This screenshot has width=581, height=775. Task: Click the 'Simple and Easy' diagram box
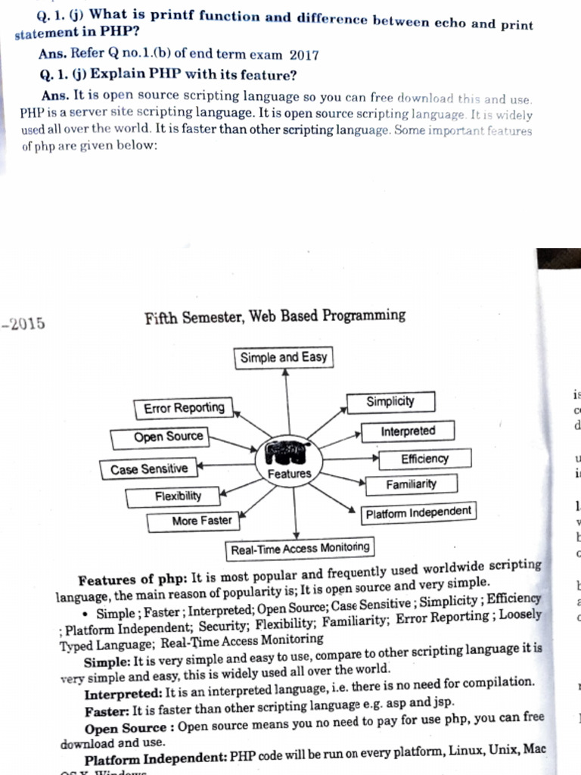coord(284,357)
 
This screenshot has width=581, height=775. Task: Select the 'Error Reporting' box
coord(184,409)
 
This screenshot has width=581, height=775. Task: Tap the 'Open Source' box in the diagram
coord(159,437)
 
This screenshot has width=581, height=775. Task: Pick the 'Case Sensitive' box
coord(148,469)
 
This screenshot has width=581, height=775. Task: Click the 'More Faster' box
coord(191,521)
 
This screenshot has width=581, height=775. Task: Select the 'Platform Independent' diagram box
coord(418,513)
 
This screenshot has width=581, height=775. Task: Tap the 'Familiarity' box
coord(411,484)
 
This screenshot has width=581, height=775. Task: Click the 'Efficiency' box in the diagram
coord(424,459)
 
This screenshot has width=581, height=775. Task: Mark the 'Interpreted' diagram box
coord(408,431)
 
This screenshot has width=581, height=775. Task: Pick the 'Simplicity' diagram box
coord(390,402)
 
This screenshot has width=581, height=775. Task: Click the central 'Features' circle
coord(289,462)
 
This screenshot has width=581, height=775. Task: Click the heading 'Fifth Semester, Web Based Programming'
coord(275,316)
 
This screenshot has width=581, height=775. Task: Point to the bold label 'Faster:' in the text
coord(107,711)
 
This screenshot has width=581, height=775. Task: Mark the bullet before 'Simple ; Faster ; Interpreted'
coord(89,614)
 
